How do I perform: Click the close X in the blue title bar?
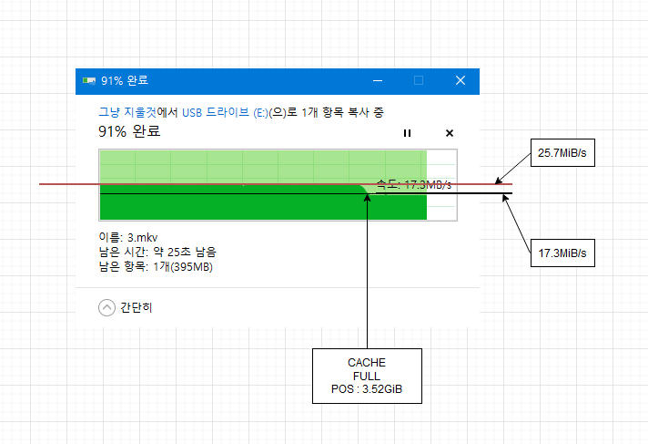point(461,80)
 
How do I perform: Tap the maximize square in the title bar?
point(419,80)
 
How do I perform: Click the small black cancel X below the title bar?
point(449,133)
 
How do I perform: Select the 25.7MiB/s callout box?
point(562,153)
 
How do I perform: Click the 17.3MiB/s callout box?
point(562,252)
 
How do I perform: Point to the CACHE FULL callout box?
point(367,376)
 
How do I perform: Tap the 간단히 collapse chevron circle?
point(106,307)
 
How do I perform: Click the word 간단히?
point(136,307)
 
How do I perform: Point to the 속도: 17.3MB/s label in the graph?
point(413,184)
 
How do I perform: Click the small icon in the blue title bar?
point(89,80)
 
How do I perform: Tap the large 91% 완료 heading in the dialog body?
point(129,132)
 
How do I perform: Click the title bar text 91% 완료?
point(126,80)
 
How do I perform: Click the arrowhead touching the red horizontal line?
point(498,182)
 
